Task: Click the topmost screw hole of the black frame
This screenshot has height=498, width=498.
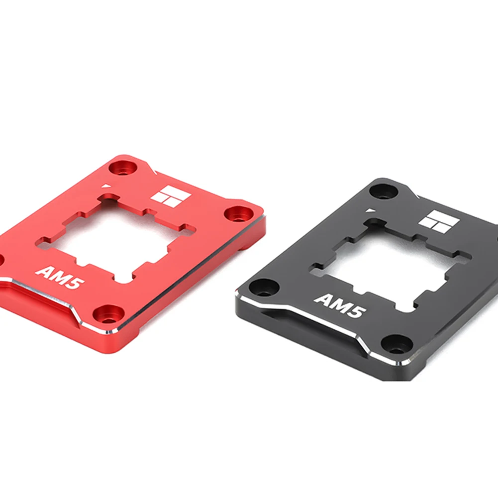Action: click(383, 190)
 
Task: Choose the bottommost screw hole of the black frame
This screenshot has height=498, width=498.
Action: click(397, 344)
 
